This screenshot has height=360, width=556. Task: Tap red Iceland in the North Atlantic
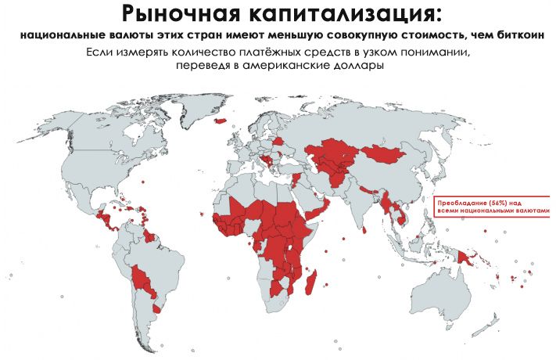221,121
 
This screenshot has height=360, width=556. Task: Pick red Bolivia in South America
142,276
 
